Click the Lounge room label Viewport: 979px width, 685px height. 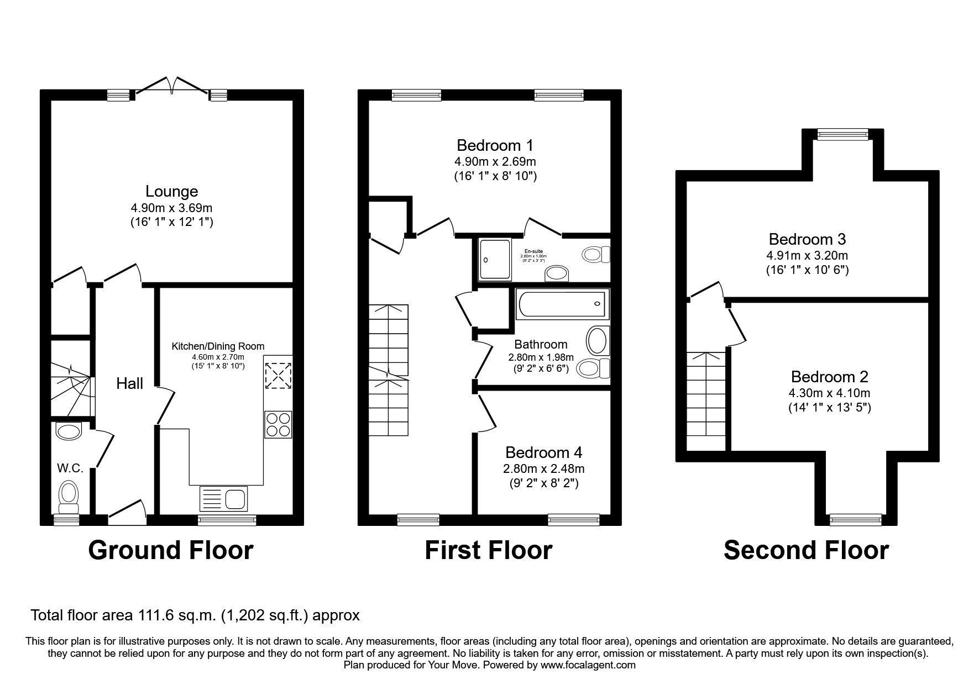point(171,192)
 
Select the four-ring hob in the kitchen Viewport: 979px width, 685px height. point(278,425)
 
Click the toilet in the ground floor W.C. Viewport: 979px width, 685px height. point(69,496)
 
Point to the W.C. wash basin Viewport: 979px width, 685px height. point(69,431)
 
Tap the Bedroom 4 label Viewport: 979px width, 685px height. point(543,453)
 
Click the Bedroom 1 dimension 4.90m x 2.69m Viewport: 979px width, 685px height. point(495,162)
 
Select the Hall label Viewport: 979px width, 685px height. point(129,383)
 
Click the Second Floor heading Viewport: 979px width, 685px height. point(806,550)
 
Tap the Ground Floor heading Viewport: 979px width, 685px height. point(171,550)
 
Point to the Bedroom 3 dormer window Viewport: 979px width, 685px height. point(843,133)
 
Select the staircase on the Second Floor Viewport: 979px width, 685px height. point(706,401)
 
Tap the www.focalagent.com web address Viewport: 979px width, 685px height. point(588,665)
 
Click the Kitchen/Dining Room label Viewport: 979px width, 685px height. point(218,346)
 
